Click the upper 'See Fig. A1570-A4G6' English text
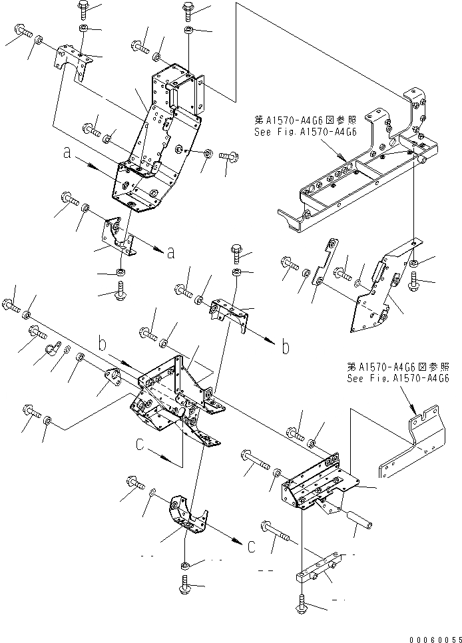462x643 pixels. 306,132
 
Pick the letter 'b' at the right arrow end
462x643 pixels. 285,347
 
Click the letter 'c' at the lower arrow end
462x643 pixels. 250,546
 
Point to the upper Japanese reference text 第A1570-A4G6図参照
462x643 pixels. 305,120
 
